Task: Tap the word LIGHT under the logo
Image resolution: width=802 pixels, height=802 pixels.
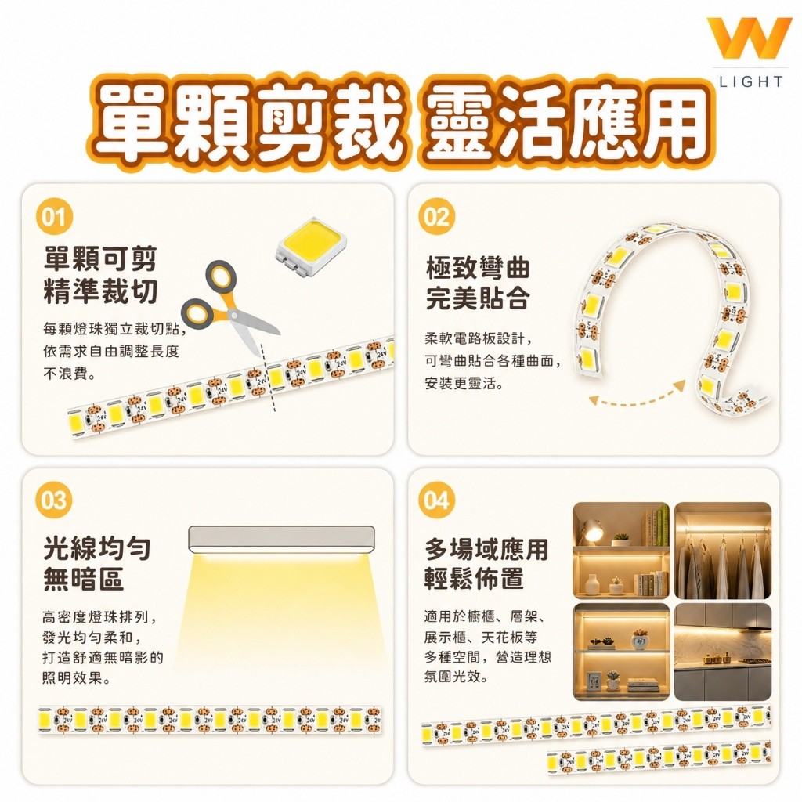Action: tap(751, 81)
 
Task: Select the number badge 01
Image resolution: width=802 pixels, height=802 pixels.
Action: tap(54, 217)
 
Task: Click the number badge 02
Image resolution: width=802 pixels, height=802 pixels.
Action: tap(436, 217)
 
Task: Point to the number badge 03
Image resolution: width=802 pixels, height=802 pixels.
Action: tap(54, 500)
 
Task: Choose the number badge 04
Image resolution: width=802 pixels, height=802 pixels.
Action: tap(436, 500)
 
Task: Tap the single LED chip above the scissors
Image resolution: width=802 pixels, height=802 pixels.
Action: tap(310, 241)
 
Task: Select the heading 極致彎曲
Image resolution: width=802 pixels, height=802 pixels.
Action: tap(477, 268)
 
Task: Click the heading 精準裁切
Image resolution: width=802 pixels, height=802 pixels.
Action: tap(100, 291)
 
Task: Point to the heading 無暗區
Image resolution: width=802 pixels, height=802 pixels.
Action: tap(83, 580)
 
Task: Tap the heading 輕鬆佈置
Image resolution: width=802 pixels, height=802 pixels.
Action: tap(474, 579)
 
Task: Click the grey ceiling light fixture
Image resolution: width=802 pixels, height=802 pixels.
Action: tap(281, 540)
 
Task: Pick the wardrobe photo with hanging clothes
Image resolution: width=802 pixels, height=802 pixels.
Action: tap(723, 551)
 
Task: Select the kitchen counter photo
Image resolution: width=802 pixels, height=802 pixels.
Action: tap(723, 652)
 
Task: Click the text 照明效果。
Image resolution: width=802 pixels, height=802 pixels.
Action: tap(76, 678)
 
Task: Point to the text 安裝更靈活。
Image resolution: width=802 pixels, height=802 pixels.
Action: tap(464, 383)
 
